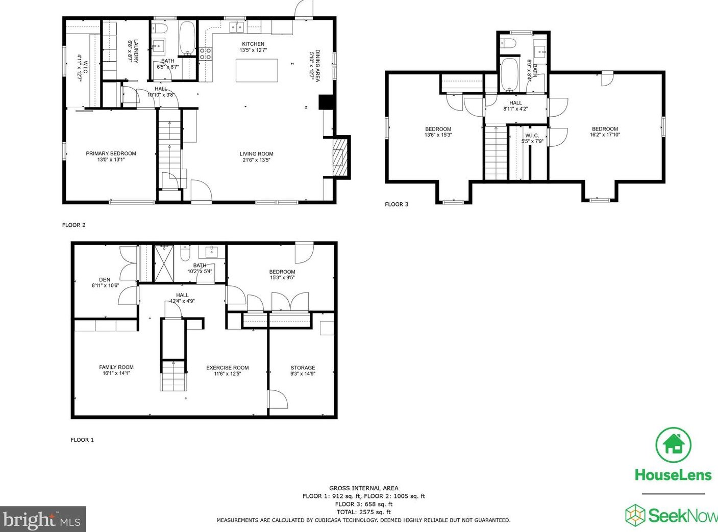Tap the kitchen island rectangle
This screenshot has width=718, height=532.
click(x=257, y=70)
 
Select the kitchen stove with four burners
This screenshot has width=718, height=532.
click(x=206, y=54)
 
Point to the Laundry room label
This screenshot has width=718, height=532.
click(x=133, y=51)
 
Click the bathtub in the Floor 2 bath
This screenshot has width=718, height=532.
click(x=187, y=38)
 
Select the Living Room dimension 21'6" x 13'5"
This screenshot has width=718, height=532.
click(x=256, y=160)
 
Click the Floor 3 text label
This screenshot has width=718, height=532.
click(x=397, y=204)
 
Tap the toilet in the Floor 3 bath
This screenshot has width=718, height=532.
click(x=508, y=43)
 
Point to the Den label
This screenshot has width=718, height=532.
click(x=105, y=279)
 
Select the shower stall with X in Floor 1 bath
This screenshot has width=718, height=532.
click(x=164, y=263)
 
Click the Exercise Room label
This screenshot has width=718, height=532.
click(x=228, y=368)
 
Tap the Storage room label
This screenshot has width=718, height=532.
click(x=303, y=368)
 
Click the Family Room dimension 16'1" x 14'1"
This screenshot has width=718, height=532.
click(x=116, y=373)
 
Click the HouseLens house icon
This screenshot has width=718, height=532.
click(x=674, y=444)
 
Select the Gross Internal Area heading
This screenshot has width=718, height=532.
click(x=363, y=488)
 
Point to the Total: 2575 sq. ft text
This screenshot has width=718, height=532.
click(x=363, y=512)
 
